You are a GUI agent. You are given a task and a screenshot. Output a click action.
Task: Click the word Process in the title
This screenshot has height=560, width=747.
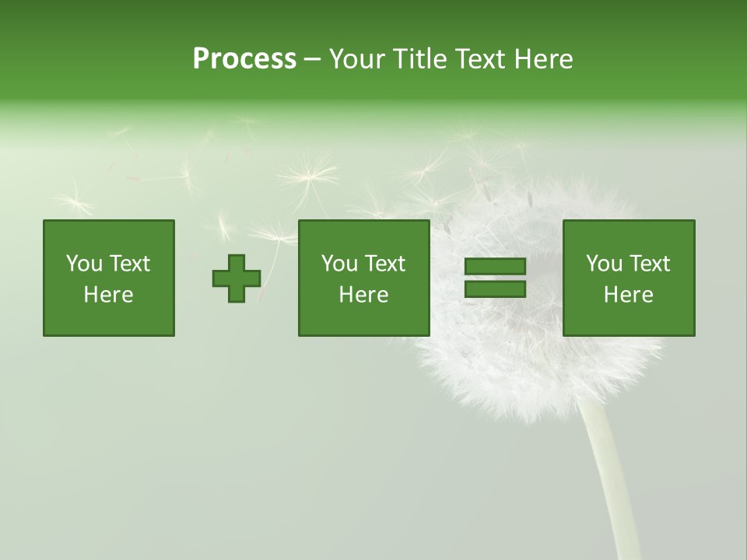244,59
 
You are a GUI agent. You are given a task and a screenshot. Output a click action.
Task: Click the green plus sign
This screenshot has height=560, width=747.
237,278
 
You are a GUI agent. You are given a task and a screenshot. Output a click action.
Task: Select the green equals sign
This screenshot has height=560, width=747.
495,278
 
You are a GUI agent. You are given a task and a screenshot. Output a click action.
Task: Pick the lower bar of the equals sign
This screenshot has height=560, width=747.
495,289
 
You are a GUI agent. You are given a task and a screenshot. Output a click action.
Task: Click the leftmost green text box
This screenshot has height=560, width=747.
109,278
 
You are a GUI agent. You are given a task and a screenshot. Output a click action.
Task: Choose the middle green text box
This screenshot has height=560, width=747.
364,278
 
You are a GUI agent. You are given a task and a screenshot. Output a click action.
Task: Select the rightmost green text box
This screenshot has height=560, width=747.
629,278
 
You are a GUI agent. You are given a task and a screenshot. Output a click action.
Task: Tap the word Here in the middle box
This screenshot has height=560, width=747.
364,295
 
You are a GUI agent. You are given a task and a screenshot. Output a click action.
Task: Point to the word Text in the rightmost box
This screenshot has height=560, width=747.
650,264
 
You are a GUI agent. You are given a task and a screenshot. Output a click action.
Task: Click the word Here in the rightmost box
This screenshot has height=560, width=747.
629,295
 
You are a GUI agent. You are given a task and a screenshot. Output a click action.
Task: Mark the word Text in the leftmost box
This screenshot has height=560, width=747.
130,264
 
